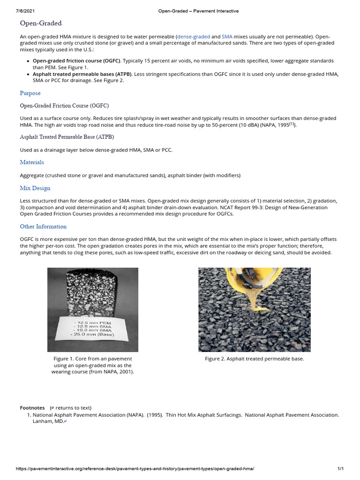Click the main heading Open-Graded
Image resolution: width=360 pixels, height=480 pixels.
click(41, 23)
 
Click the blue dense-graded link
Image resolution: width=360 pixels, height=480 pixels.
click(194, 36)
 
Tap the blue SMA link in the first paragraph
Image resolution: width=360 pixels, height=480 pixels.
click(227, 36)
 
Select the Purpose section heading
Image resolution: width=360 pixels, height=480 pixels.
click(30, 93)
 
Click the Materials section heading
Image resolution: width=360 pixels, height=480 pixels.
click(32, 162)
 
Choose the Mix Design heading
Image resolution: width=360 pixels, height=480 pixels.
click(35, 188)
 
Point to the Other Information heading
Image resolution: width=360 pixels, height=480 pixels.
click(43, 226)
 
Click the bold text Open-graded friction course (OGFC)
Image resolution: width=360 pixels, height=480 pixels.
click(76, 61)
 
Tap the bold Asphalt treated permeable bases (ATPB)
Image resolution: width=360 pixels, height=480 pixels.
click(82, 74)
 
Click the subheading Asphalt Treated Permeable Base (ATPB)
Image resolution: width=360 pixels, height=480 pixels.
click(67, 137)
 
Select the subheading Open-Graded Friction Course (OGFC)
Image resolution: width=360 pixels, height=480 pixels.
click(64, 106)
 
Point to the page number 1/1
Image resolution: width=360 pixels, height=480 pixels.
click(341, 469)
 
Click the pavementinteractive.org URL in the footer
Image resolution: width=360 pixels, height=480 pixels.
click(135, 469)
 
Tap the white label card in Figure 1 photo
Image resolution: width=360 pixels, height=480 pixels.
click(93, 328)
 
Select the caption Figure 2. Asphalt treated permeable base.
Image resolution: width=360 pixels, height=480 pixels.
click(255, 359)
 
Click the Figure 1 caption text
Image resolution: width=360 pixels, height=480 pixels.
click(92, 365)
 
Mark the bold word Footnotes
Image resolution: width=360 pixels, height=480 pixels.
click(32, 408)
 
